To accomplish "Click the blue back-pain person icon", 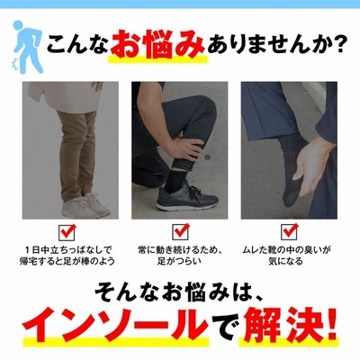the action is coord(27,47).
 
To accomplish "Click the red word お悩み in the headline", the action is coord(157,44).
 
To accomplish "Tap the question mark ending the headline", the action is coord(337,44).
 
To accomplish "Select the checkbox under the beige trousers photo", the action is coord(67,232).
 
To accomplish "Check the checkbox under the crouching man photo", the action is coord(180,232).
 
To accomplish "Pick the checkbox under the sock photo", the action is coord(290,232).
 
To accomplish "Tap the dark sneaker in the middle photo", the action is coord(186,196).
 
